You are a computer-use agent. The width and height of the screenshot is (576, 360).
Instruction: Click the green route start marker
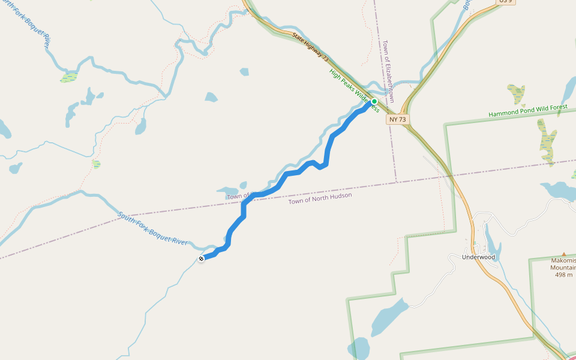pos(374,101)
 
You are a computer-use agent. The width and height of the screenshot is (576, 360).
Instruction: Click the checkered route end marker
pos(201,259)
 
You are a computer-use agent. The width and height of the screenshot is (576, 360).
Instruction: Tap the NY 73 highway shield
pos(397,119)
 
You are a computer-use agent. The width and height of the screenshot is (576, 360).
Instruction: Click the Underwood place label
pos(478,257)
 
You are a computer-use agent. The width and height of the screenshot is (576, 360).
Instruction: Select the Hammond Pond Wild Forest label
pos(527,110)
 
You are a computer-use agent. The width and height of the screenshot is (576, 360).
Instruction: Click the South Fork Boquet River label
pos(152,229)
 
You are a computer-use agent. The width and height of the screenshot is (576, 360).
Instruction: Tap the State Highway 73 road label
pos(310,49)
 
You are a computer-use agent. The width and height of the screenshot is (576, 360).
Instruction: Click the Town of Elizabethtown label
pos(389,71)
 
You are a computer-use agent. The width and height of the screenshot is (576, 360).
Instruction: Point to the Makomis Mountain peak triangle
pos(563,254)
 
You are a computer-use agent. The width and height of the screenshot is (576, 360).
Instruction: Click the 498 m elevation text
pos(563,275)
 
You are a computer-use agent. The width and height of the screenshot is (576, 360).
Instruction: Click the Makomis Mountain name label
pos(563,264)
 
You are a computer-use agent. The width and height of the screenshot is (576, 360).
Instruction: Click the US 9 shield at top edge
pos(506,2)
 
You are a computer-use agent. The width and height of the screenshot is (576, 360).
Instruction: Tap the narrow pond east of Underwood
pos(491,243)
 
